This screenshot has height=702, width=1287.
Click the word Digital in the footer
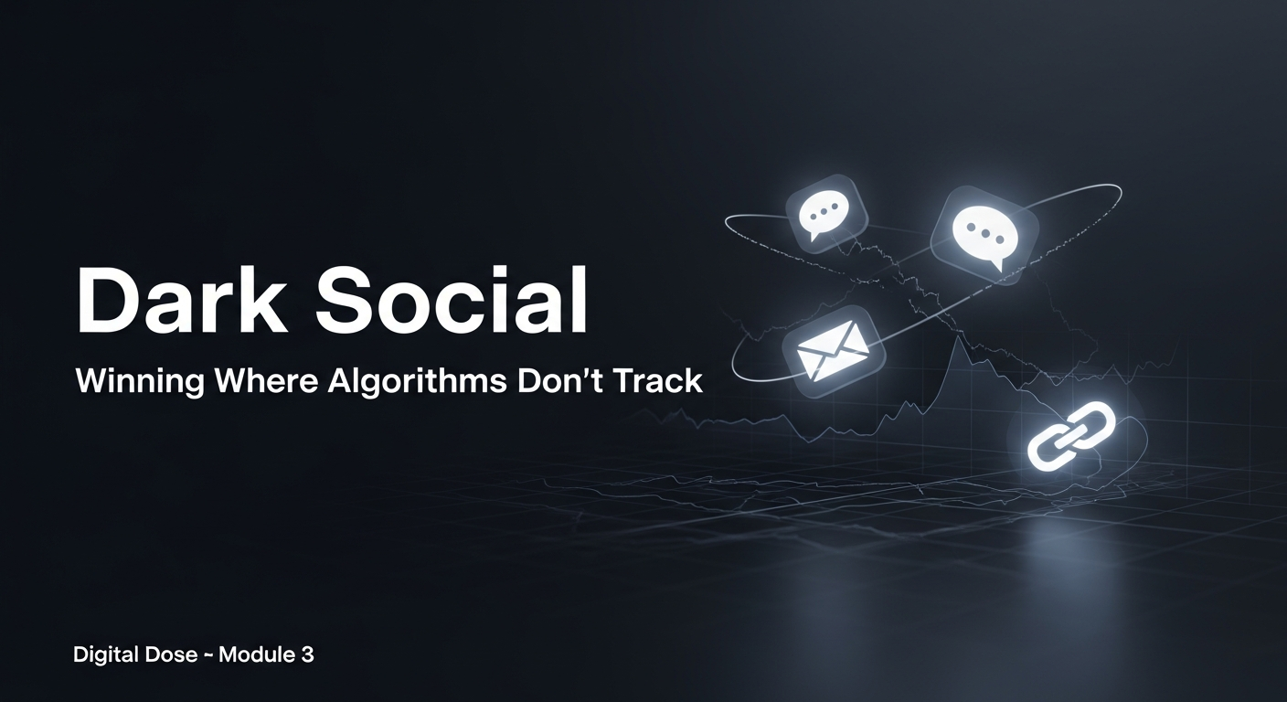[102, 654]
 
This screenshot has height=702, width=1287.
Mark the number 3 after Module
[307, 654]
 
